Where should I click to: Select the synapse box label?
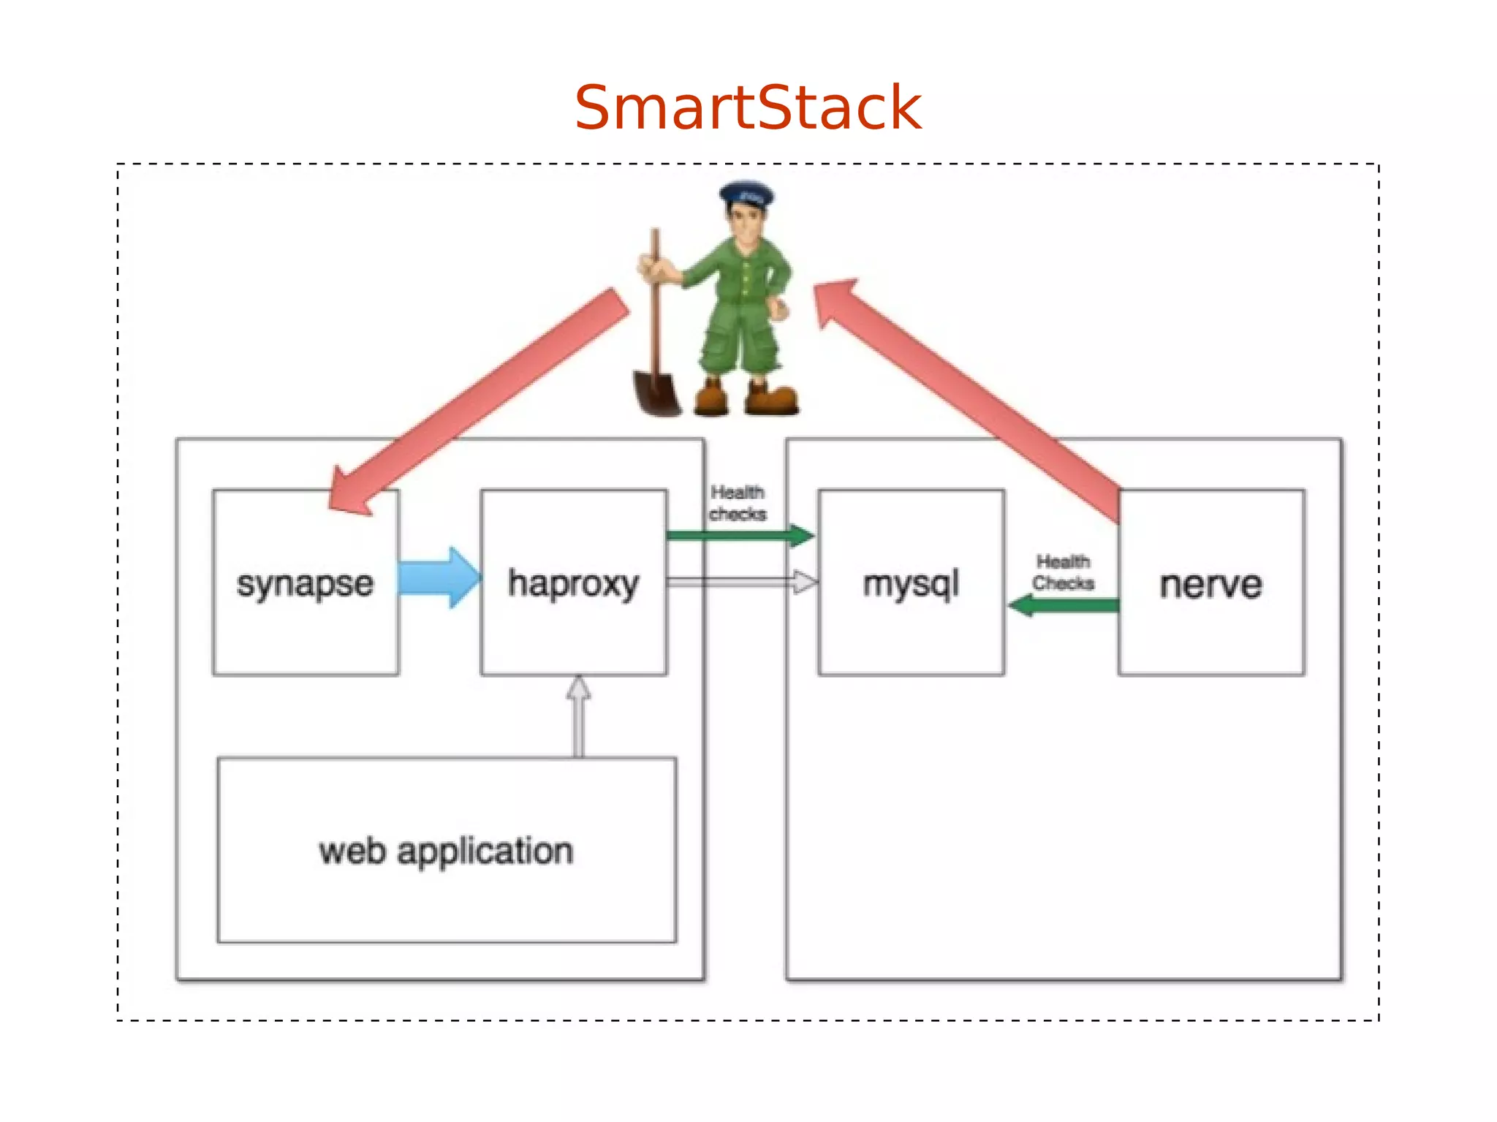click(x=305, y=584)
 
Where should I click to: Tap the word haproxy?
click(x=573, y=584)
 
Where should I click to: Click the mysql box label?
click(x=911, y=584)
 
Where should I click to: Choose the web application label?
click(x=446, y=852)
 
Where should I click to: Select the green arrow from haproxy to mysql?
click(x=738, y=536)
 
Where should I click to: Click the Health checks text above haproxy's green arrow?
click(x=738, y=503)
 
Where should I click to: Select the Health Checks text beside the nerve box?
click(x=1063, y=572)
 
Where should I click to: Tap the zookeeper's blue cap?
click(x=746, y=194)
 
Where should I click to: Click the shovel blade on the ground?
click(x=656, y=393)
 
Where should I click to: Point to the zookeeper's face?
click(x=745, y=223)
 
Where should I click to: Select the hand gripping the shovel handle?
click(x=658, y=268)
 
